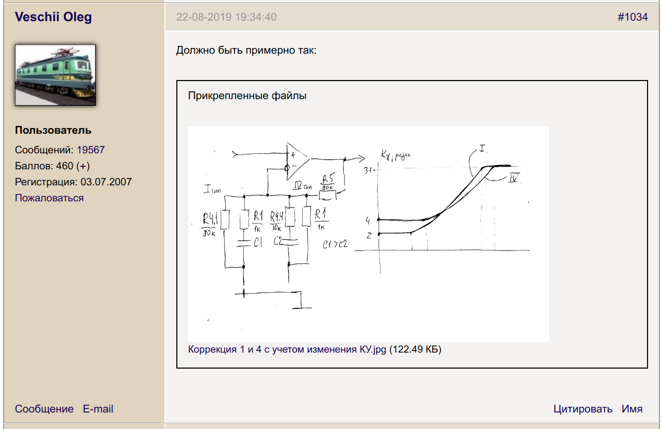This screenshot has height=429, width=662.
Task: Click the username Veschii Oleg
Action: pos(54,17)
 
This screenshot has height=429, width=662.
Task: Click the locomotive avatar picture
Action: pos(55,75)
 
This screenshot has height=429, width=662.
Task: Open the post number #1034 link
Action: pos(633,17)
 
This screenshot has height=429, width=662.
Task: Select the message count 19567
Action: pos(91,150)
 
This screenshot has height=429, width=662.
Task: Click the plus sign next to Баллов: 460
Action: pos(83,166)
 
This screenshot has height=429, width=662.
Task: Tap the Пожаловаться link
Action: pos(49,198)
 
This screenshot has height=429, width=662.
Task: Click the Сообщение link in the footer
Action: pos(44,409)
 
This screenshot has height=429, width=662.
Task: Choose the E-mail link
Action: pos(98,409)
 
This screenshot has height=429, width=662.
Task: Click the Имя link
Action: pos(632,409)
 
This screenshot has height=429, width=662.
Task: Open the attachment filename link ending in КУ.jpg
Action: pos(287,349)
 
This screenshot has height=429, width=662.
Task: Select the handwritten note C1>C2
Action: pos(335,244)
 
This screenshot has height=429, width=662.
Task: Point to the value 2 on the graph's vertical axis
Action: pos(368,235)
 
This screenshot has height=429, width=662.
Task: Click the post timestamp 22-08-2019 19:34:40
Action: pos(226,17)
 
